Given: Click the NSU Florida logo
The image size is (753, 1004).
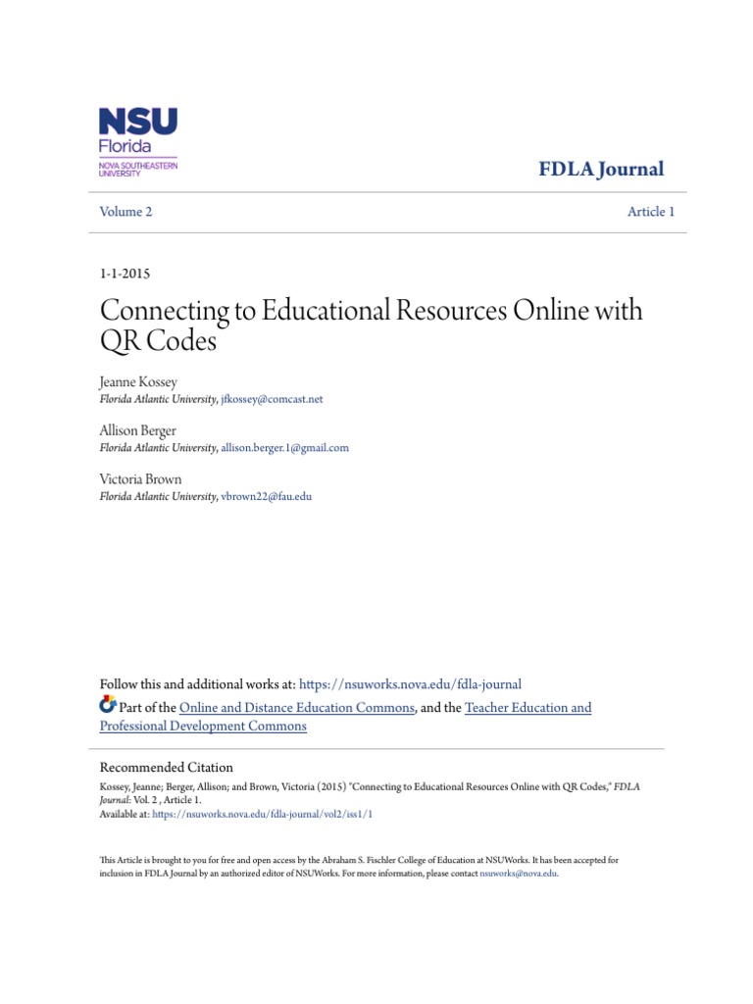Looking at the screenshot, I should [x=137, y=141].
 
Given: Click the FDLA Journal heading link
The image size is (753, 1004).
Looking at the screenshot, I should [x=601, y=169].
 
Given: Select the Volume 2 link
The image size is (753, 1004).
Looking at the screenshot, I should [x=125, y=212].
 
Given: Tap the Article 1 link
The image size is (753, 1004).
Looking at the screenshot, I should [x=651, y=212].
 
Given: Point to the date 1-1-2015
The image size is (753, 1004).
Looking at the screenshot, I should [x=125, y=274].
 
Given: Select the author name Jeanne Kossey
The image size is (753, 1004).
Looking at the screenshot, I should [x=138, y=382].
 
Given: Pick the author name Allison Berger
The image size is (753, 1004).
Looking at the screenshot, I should [x=138, y=430].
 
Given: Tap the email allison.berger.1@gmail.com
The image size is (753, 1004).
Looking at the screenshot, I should [x=284, y=447].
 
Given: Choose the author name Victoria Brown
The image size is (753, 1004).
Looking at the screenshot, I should [x=140, y=479].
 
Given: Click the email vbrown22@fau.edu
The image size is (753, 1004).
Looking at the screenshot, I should [x=267, y=496].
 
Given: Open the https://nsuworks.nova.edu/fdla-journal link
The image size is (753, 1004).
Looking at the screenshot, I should [x=410, y=684].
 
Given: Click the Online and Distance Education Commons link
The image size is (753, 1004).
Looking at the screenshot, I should [x=298, y=707].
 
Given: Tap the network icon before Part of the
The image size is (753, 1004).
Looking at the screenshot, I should [x=108, y=706].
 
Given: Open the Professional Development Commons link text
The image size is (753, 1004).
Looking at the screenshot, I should [x=203, y=727].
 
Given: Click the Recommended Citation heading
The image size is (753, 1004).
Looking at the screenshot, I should [x=167, y=768].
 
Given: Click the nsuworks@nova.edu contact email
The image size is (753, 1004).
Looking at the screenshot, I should [x=518, y=873].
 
